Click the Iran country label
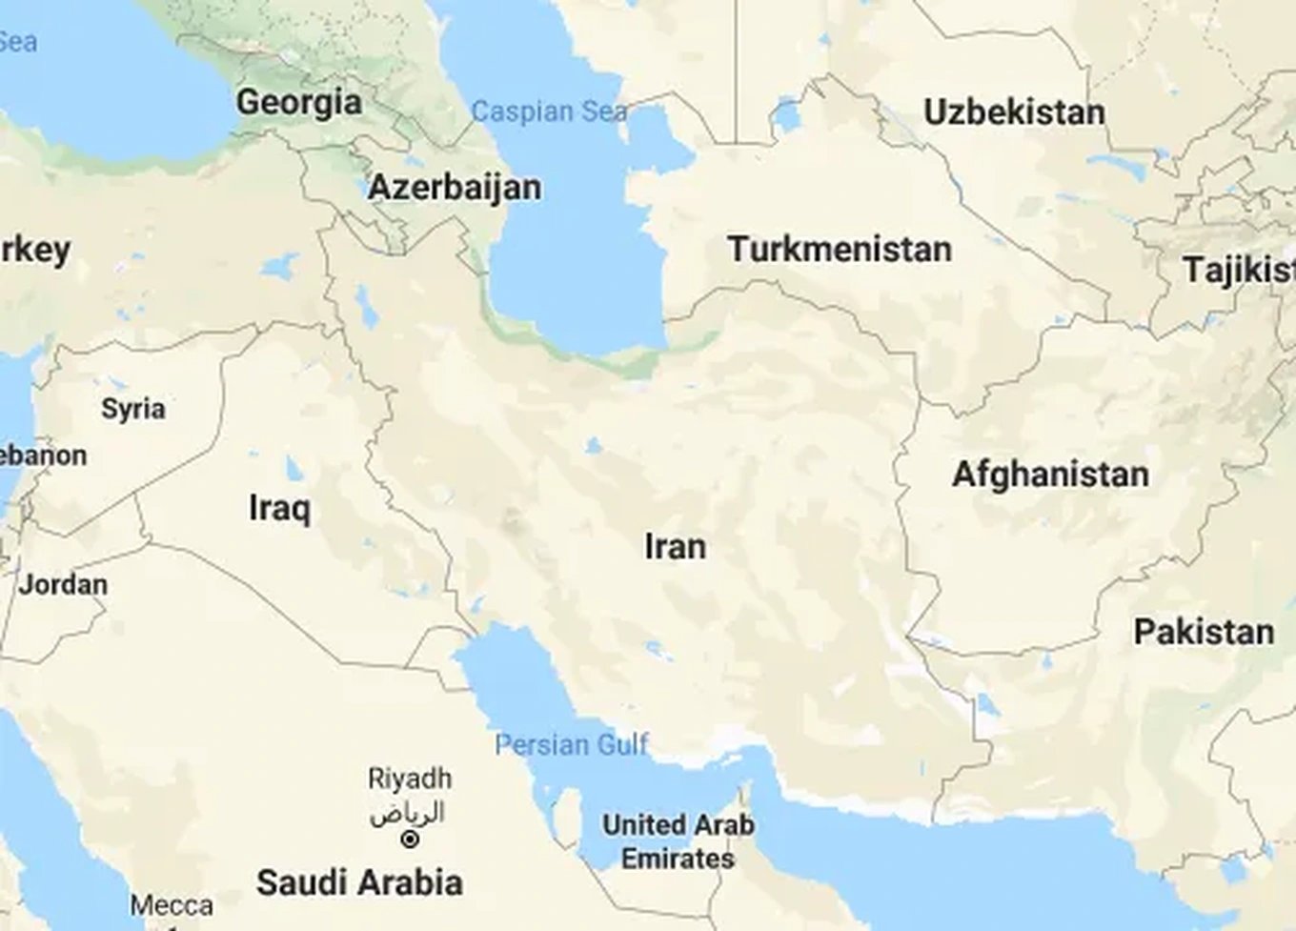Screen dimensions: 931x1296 (676, 547)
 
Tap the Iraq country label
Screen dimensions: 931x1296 (279, 508)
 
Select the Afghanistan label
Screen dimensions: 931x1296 (1050, 474)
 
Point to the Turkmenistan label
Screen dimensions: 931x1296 (840, 250)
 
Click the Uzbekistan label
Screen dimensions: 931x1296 (1014, 112)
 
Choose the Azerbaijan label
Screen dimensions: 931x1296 (455, 187)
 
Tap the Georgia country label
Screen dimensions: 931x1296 (299, 102)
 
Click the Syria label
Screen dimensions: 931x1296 (133, 409)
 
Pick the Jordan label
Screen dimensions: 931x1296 (63, 584)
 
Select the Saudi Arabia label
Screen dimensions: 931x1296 (359, 882)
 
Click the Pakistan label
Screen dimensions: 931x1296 (1204, 632)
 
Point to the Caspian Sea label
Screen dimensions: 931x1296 (550, 112)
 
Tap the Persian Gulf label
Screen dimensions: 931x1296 (572, 744)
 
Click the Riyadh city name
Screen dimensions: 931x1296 (410, 779)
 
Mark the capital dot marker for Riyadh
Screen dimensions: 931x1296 (410, 840)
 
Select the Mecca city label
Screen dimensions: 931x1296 (172, 905)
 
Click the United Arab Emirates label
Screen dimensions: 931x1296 (678, 841)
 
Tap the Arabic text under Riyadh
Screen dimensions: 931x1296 (408, 813)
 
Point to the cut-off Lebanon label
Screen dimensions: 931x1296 (43, 455)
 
